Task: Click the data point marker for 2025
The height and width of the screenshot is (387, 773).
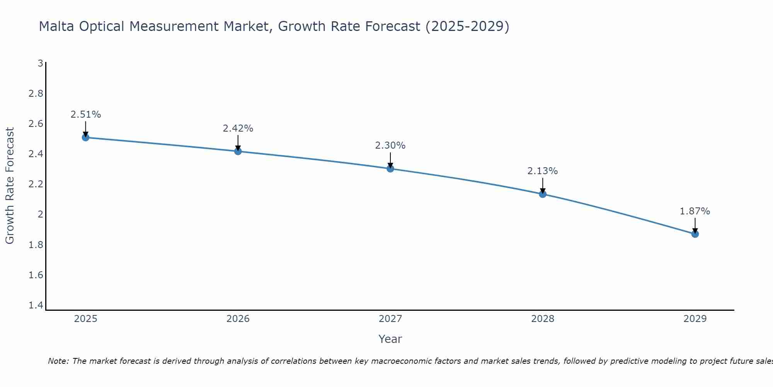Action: pyautogui.click(x=86, y=137)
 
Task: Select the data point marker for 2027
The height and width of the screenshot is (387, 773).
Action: pyautogui.click(x=390, y=169)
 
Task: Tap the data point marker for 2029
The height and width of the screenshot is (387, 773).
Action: pyautogui.click(x=695, y=234)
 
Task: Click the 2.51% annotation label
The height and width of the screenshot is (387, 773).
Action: pyautogui.click(x=86, y=115)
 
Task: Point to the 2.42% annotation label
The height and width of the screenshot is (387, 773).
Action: pyautogui.click(x=238, y=128)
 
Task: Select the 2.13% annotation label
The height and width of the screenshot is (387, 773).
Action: pyautogui.click(x=543, y=171)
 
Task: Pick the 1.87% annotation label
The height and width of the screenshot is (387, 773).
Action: pyautogui.click(x=695, y=211)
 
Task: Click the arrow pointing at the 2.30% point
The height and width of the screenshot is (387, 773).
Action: pyautogui.click(x=390, y=159)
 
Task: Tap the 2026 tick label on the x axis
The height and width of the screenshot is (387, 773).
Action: pyautogui.click(x=238, y=319)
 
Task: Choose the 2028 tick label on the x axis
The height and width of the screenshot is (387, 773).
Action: pyautogui.click(x=543, y=319)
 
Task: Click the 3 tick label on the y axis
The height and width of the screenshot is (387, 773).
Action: pyautogui.click(x=40, y=63)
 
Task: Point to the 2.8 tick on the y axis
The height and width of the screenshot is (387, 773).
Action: pyautogui.click(x=36, y=94)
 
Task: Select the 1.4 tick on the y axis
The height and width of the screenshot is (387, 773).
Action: pyautogui.click(x=36, y=305)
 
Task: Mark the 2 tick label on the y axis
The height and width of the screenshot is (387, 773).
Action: pyautogui.click(x=40, y=214)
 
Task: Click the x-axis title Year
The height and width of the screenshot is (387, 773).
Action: pyautogui.click(x=390, y=339)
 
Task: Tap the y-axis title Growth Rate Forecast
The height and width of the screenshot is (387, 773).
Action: pyautogui.click(x=10, y=186)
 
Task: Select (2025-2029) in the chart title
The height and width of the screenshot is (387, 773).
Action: pyautogui.click(x=467, y=27)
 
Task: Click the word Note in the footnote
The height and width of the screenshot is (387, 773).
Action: pyautogui.click(x=58, y=361)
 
